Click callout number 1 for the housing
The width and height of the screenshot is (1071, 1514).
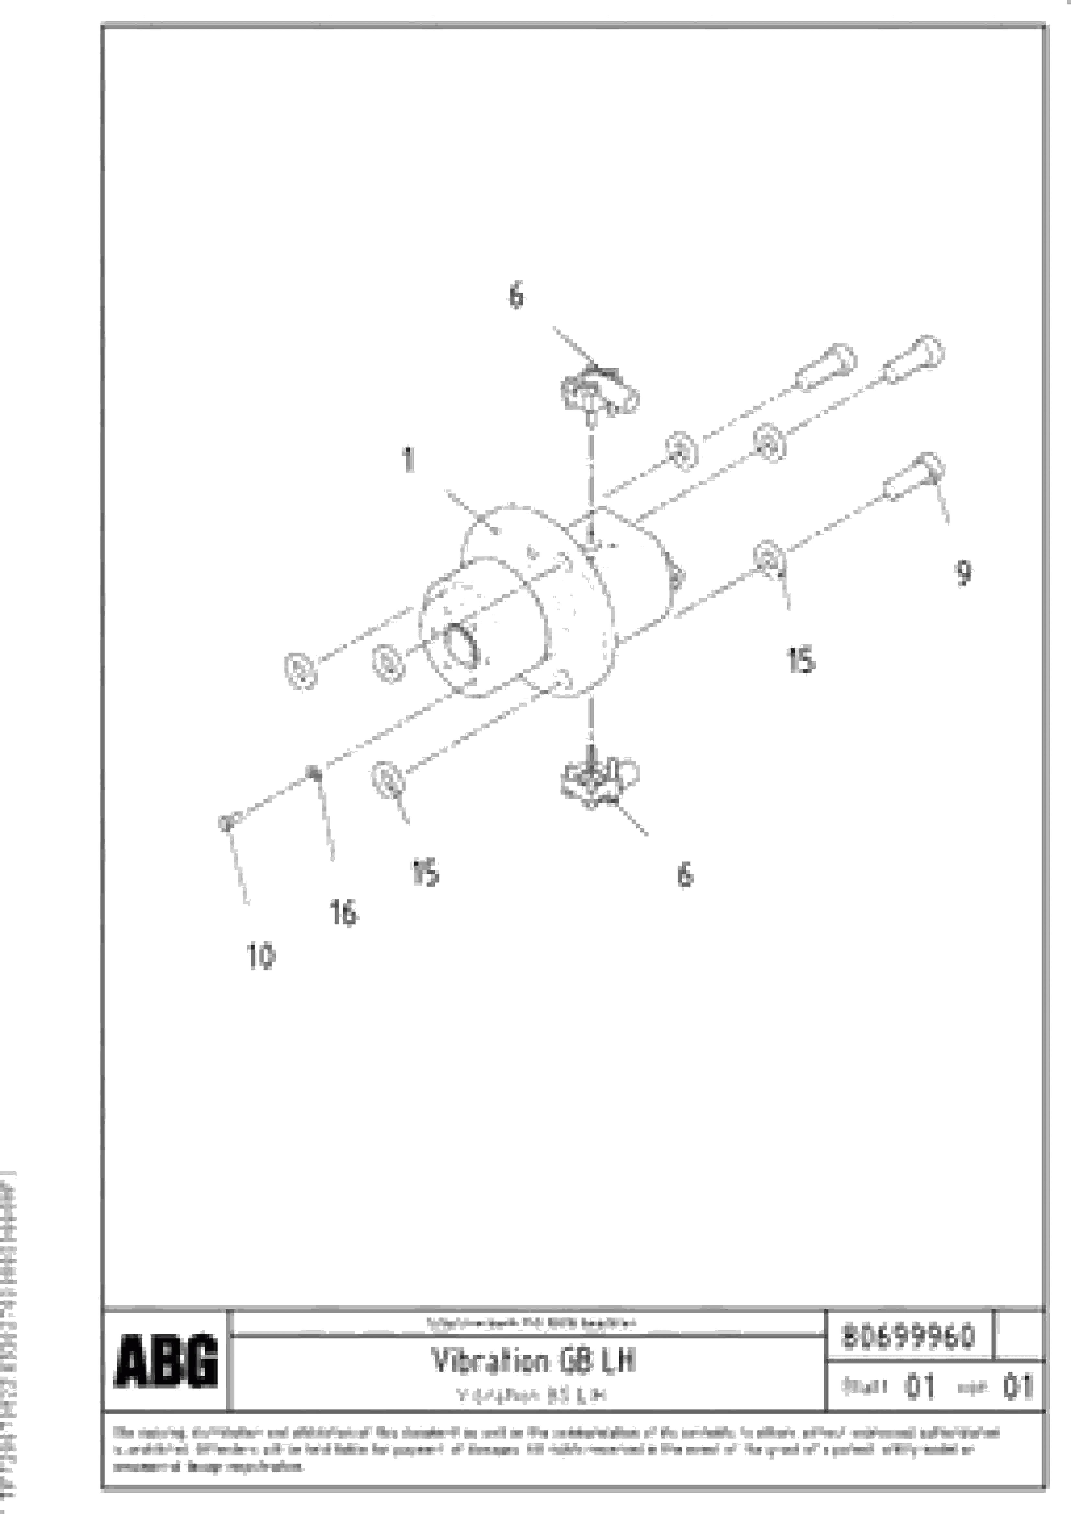click(409, 460)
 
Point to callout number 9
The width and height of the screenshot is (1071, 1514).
click(963, 572)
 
